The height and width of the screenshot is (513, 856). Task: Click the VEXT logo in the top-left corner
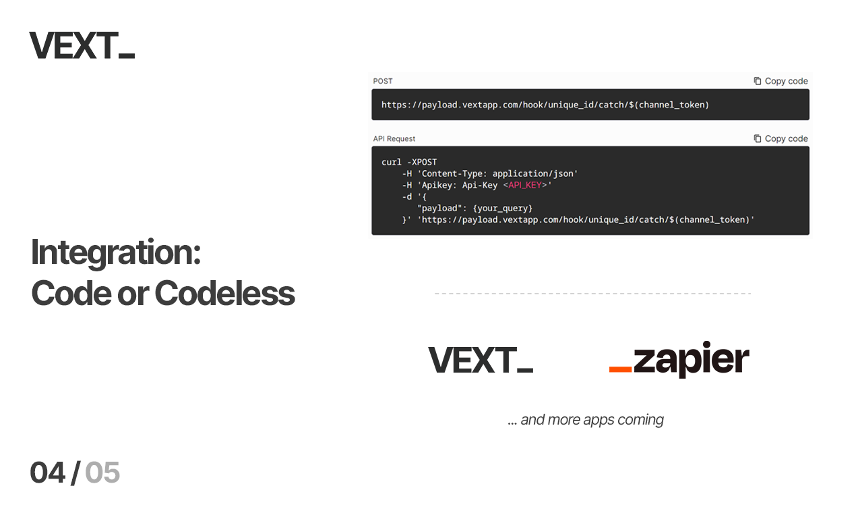[82, 45]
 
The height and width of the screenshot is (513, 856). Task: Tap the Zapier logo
[679, 358]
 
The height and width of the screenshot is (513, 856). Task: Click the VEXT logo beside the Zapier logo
[481, 360]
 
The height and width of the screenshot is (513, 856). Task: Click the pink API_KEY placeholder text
[524, 186]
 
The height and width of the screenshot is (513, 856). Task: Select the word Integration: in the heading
[116, 252]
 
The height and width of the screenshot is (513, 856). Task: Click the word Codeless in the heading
[224, 293]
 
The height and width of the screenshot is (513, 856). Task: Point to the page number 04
[47, 473]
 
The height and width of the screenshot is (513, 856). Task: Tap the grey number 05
[102, 473]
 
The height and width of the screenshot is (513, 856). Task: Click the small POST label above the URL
[383, 81]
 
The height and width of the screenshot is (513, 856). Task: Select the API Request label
[394, 138]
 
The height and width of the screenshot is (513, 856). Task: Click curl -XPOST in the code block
[409, 162]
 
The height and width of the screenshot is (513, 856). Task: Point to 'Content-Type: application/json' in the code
[497, 173]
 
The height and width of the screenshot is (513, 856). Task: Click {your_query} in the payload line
[503, 209]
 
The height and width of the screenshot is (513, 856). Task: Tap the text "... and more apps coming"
[586, 420]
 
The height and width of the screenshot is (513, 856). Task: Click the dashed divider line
[592, 294]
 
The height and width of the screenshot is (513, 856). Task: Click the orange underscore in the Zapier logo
[620, 369]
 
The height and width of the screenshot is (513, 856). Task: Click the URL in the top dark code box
[545, 105]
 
